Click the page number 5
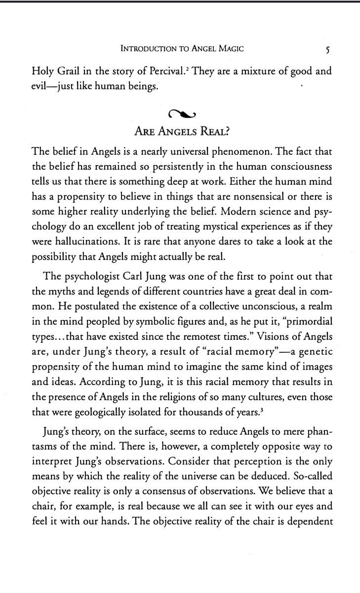(321, 49)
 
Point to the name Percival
(167, 71)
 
